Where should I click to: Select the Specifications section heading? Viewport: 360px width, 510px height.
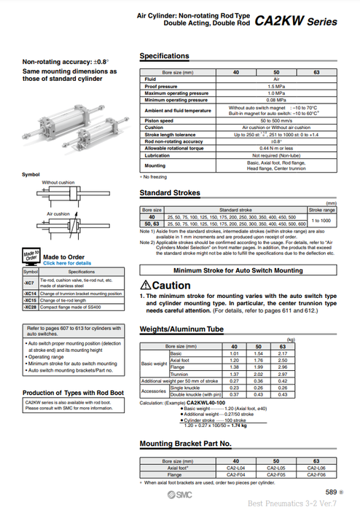[x=164, y=56]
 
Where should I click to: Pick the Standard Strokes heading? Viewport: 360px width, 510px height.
[x=170, y=193]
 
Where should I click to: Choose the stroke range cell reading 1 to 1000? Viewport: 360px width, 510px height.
[x=323, y=219]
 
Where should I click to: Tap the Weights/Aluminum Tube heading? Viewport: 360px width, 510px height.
[x=181, y=330]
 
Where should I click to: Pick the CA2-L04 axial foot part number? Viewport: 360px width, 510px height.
[x=235, y=468]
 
